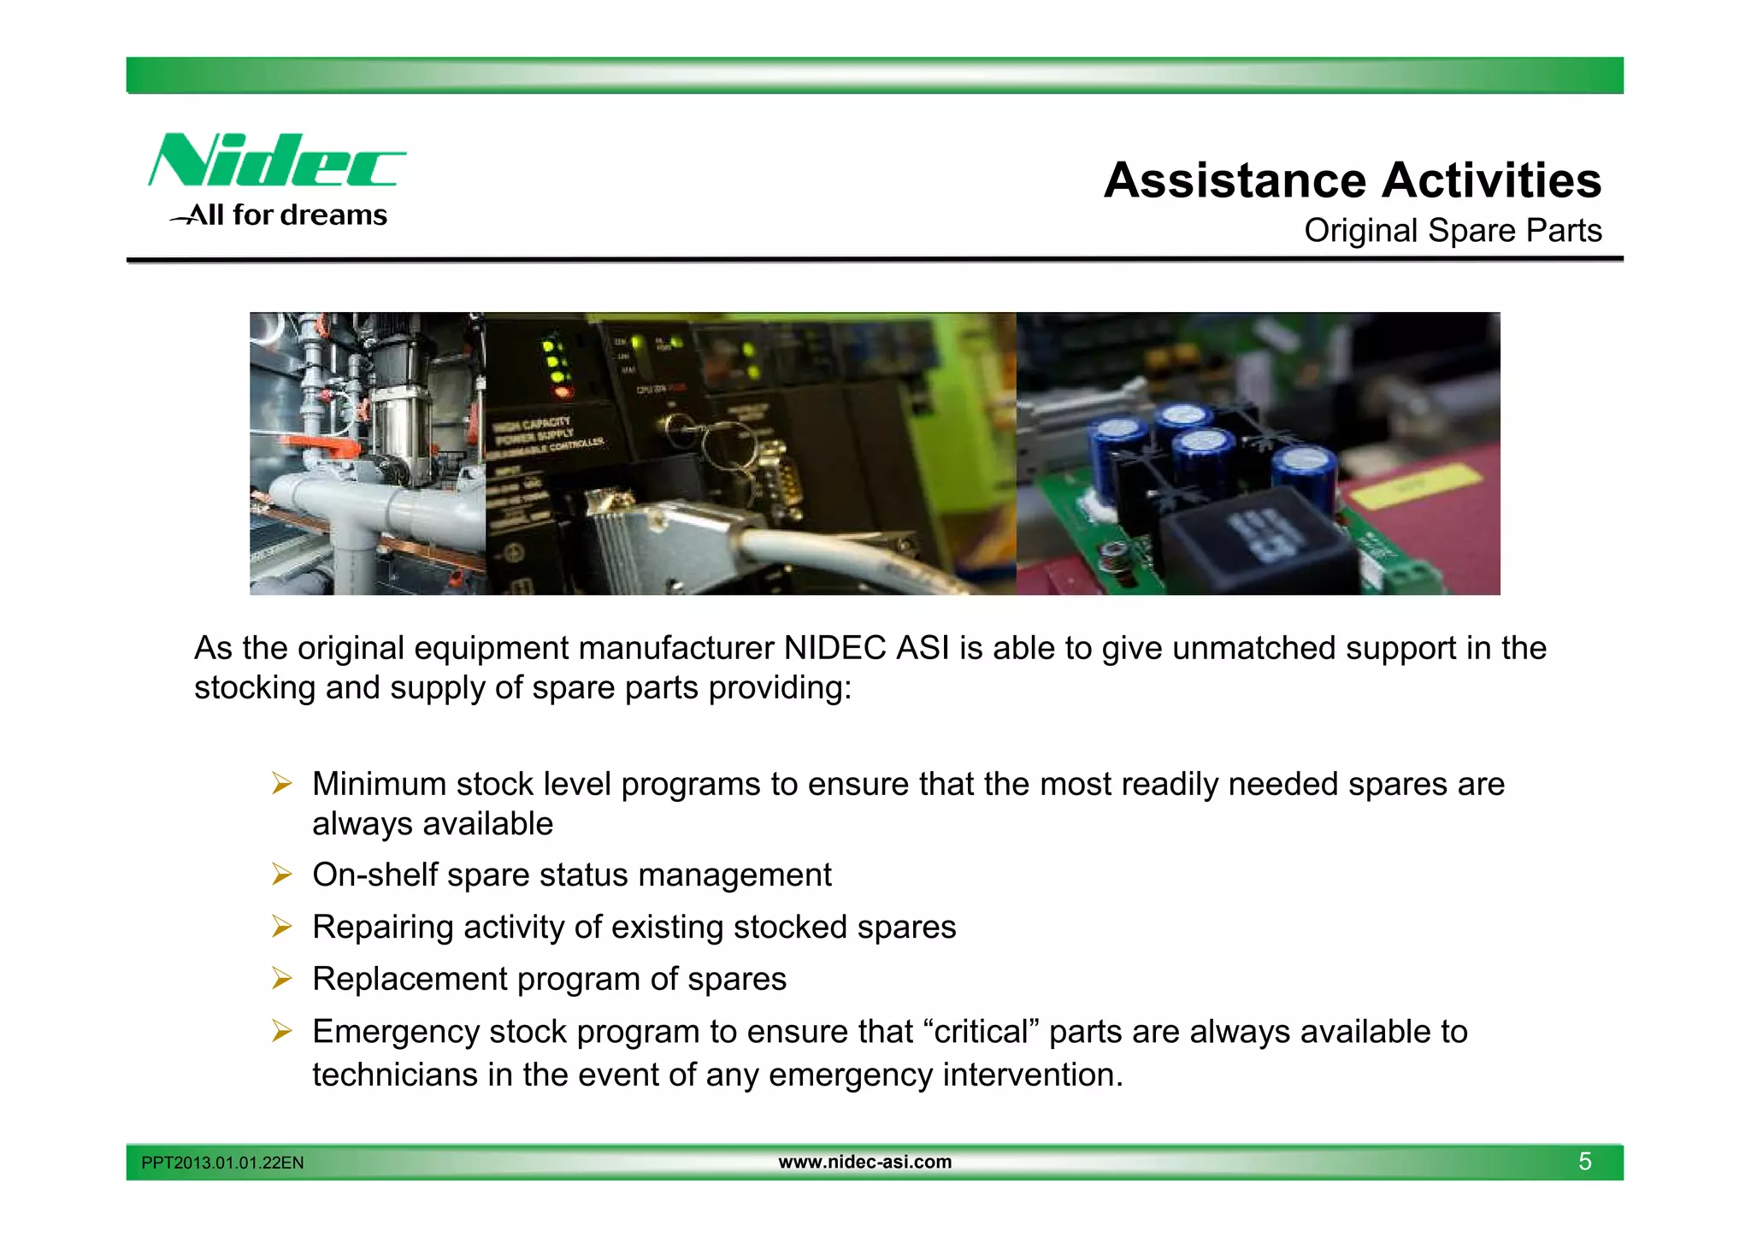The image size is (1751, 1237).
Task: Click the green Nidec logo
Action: point(276,160)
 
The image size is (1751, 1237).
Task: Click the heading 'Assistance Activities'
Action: point(1352,180)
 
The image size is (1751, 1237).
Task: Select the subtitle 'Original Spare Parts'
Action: point(1452,231)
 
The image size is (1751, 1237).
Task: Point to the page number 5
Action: point(1584,1162)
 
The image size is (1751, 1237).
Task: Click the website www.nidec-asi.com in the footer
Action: point(864,1162)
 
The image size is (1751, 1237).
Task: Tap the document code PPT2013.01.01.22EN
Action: point(222,1163)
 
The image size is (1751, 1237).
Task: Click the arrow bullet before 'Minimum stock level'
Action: point(282,783)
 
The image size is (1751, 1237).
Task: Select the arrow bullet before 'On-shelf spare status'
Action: point(282,875)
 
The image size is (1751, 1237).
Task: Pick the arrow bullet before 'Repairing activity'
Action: point(282,927)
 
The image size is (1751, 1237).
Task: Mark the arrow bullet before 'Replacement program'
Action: point(282,979)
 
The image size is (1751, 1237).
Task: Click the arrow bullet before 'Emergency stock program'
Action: point(282,1032)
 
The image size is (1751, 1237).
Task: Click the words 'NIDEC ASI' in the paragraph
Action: point(866,649)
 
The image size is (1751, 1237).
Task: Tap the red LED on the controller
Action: point(562,392)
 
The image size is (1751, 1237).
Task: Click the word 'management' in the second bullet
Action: point(734,875)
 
